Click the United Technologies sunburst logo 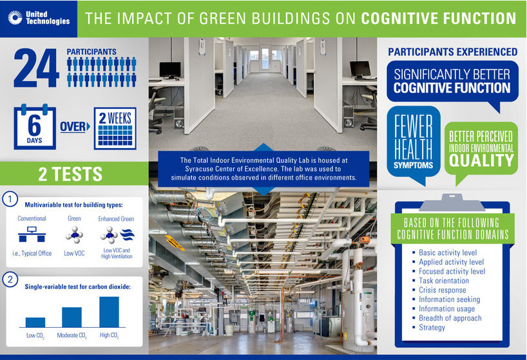[x=15, y=18]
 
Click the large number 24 [x=36, y=68]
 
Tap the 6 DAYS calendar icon [x=35, y=127]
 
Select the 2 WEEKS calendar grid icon [x=115, y=128]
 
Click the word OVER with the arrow [x=75, y=127]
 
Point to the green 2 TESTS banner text [x=70, y=174]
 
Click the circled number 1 [x=10, y=199]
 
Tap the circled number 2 [x=10, y=279]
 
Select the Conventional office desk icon [x=32, y=234]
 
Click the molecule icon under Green [x=74, y=234]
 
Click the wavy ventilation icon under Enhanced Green [x=128, y=234]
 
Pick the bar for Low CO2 [x=35, y=323]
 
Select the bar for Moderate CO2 [x=72, y=317]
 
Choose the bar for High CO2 [x=109, y=312]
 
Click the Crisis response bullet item [x=439, y=290]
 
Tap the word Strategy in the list [x=432, y=327]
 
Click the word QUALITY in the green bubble [x=481, y=160]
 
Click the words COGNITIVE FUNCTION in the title [x=438, y=19]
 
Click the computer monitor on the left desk [x=169, y=71]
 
